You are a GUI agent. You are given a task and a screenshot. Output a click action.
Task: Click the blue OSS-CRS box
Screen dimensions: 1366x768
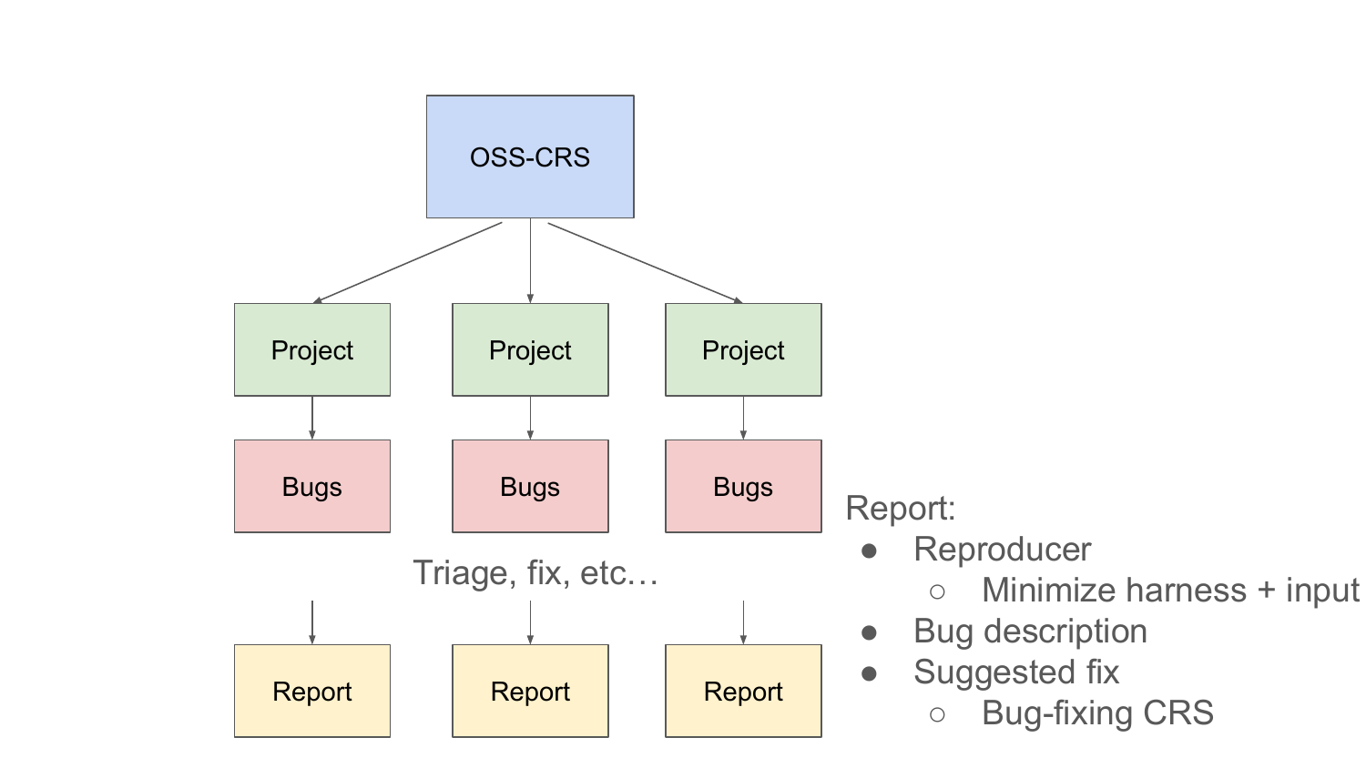[x=530, y=157]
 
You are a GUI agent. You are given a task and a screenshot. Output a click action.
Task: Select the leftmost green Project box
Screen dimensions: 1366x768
[x=312, y=349]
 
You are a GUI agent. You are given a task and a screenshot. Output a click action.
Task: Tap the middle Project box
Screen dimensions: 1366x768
[x=530, y=349]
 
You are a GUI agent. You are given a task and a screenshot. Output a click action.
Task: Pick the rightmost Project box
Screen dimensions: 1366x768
[x=743, y=349]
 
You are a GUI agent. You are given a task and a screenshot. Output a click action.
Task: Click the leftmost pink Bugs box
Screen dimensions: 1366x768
[x=312, y=487]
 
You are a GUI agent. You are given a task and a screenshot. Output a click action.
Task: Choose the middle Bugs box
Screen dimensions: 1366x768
[x=530, y=487]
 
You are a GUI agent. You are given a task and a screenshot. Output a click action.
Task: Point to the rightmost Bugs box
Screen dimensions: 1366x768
[x=743, y=487]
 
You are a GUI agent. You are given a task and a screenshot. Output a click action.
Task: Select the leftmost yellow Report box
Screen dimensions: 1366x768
[x=312, y=692]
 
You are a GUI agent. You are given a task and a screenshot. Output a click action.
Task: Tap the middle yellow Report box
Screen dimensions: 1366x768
[x=530, y=692]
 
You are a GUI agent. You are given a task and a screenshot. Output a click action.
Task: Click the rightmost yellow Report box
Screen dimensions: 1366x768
[x=743, y=692]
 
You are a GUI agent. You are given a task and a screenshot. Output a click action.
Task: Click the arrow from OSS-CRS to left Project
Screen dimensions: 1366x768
[x=407, y=263]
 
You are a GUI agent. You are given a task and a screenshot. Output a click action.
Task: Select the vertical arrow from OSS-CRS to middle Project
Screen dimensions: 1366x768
[x=531, y=261]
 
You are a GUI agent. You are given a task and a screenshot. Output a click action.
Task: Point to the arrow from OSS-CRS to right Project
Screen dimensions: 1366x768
[x=645, y=263]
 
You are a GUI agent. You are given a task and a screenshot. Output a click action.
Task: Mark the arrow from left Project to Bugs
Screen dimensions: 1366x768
[x=312, y=419]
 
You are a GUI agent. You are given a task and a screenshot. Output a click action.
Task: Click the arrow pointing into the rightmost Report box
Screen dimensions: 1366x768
[x=743, y=622]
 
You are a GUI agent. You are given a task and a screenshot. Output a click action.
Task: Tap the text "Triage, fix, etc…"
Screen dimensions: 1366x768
[x=535, y=573]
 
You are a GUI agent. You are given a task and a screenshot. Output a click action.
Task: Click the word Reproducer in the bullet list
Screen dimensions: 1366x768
[x=1002, y=550]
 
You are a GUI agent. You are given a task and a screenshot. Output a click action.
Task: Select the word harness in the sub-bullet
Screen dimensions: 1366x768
[x=1186, y=590]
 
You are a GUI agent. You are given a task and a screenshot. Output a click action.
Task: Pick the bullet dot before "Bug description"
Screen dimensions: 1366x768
[x=869, y=632]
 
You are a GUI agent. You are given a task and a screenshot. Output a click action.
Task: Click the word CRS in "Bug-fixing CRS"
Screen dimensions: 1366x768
[x=1177, y=712]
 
